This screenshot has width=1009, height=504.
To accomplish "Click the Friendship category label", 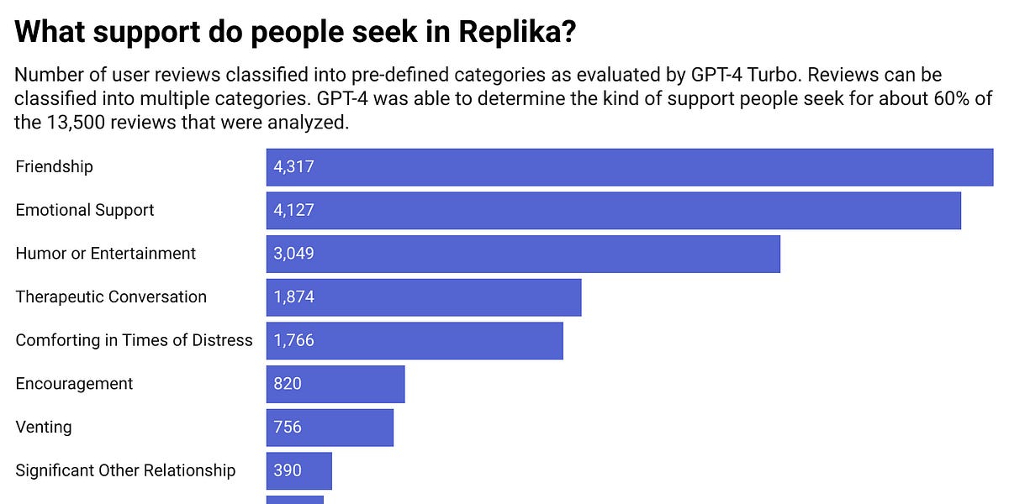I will click(54, 166).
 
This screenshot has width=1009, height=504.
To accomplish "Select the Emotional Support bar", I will click(613, 210).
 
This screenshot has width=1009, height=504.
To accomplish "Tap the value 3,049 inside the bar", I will click(293, 254).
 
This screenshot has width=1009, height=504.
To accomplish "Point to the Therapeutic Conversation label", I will click(110, 297).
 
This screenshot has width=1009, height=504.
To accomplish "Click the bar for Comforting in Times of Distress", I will click(415, 340).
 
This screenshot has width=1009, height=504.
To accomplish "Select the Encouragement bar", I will click(335, 384).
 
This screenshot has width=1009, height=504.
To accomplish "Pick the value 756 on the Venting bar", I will click(288, 428).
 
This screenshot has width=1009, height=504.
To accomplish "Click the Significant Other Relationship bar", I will click(299, 470).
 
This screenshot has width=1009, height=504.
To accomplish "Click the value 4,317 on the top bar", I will click(293, 166).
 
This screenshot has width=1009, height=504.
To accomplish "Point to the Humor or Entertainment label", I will click(105, 254).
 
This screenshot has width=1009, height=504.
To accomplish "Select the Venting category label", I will click(44, 427).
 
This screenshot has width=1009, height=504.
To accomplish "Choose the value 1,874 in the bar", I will click(293, 297).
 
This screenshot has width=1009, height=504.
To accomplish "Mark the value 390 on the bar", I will click(288, 470).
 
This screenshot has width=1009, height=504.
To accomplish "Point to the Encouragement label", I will click(74, 384).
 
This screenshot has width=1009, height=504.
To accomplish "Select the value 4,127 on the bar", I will click(293, 210).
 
